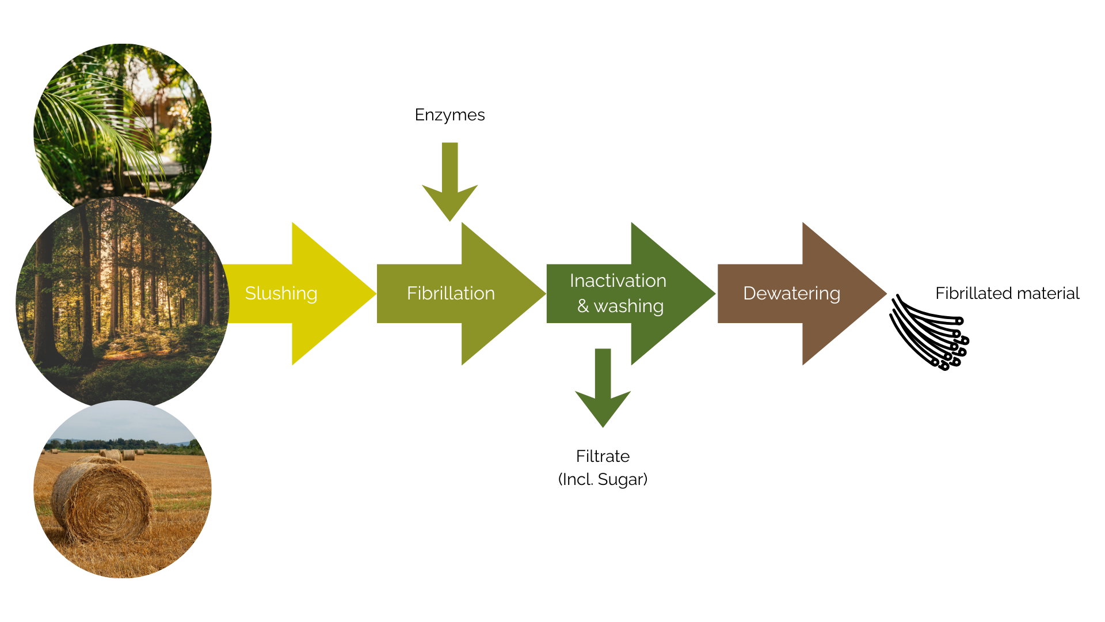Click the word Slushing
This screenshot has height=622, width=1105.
pos(281,294)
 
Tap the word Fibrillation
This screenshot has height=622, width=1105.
pos(451,294)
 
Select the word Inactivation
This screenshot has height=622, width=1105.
pos(618,280)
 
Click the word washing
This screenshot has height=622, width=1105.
pos(628,306)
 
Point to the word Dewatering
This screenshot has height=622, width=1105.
pos(791,294)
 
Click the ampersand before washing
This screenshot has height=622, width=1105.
pos(583,306)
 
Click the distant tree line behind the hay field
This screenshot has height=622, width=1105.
pos(115,443)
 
